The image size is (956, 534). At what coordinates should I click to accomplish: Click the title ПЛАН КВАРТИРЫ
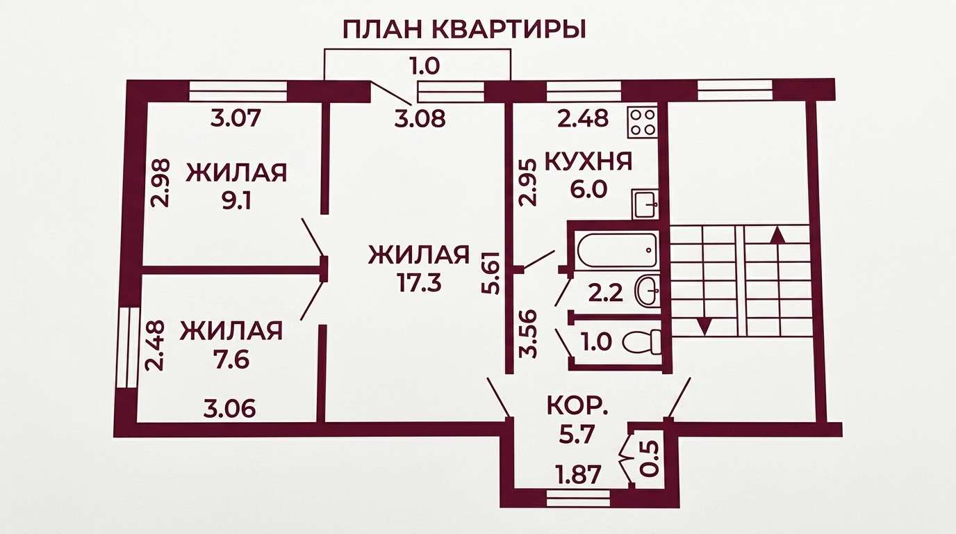[464, 29]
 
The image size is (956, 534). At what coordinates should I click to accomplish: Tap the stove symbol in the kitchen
[642, 122]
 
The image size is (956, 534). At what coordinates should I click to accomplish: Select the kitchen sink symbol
[645, 204]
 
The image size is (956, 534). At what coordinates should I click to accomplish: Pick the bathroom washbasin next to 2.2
[648, 290]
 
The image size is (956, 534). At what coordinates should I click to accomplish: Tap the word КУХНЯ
[589, 162]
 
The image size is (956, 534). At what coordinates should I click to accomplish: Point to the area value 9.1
[236, 201]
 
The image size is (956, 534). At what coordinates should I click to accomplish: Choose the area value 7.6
[232, 359]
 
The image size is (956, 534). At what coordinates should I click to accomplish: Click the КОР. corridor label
[578, 407]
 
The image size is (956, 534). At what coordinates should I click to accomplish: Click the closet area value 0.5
[650, 459]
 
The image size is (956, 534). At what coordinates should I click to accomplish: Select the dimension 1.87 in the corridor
[579, 475]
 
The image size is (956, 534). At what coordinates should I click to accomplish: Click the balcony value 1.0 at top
[425, 67]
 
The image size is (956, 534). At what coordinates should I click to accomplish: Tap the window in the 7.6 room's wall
[128, 348]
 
